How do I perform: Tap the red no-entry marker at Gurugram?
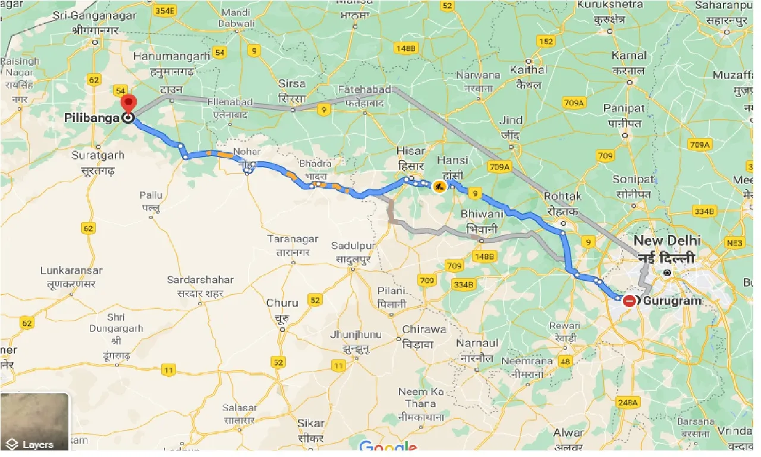point(630,301)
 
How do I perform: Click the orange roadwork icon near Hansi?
point(439,186)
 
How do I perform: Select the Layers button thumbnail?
point(34,422)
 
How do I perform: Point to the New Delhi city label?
point(667,241)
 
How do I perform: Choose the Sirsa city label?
point(292,84)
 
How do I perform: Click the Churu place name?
point(282,303)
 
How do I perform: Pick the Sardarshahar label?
point(200,280)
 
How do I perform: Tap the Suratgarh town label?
point(98,155)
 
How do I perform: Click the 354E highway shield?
point(165,11)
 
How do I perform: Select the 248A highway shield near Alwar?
point(627,403)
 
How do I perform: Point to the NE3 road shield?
point(735,243)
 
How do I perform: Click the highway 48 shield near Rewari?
point(564,361)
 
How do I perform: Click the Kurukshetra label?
point(609,5)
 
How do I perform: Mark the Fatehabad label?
point(364,89)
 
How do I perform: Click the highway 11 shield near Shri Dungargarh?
point(169,370)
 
